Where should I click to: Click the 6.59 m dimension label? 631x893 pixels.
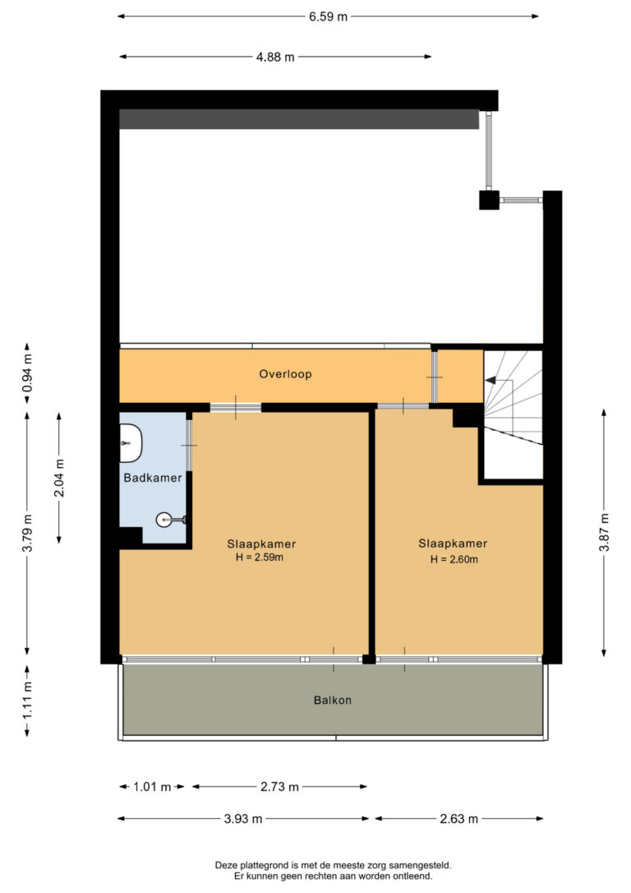coord(328,16)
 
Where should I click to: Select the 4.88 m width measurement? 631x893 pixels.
coord(275,57)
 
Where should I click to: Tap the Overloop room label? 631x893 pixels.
coord(285,373)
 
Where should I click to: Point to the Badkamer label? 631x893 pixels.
coord(153,478)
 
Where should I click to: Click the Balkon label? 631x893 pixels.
coord(332,701)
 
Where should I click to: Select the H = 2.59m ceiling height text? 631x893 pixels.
coord(261,557)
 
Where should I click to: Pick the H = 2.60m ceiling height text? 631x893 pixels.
coord(453,559)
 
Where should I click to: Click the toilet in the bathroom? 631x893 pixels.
coord(130,443)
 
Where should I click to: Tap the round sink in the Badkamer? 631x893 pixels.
coord(165,519)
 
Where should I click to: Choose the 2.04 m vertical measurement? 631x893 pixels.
coord(59,476)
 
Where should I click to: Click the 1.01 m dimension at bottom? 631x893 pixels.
coord(152,787)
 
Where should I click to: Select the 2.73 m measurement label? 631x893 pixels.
coord(279,787)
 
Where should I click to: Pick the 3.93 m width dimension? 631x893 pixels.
coord(244,819)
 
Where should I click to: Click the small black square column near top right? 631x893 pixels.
coord(489,200)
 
